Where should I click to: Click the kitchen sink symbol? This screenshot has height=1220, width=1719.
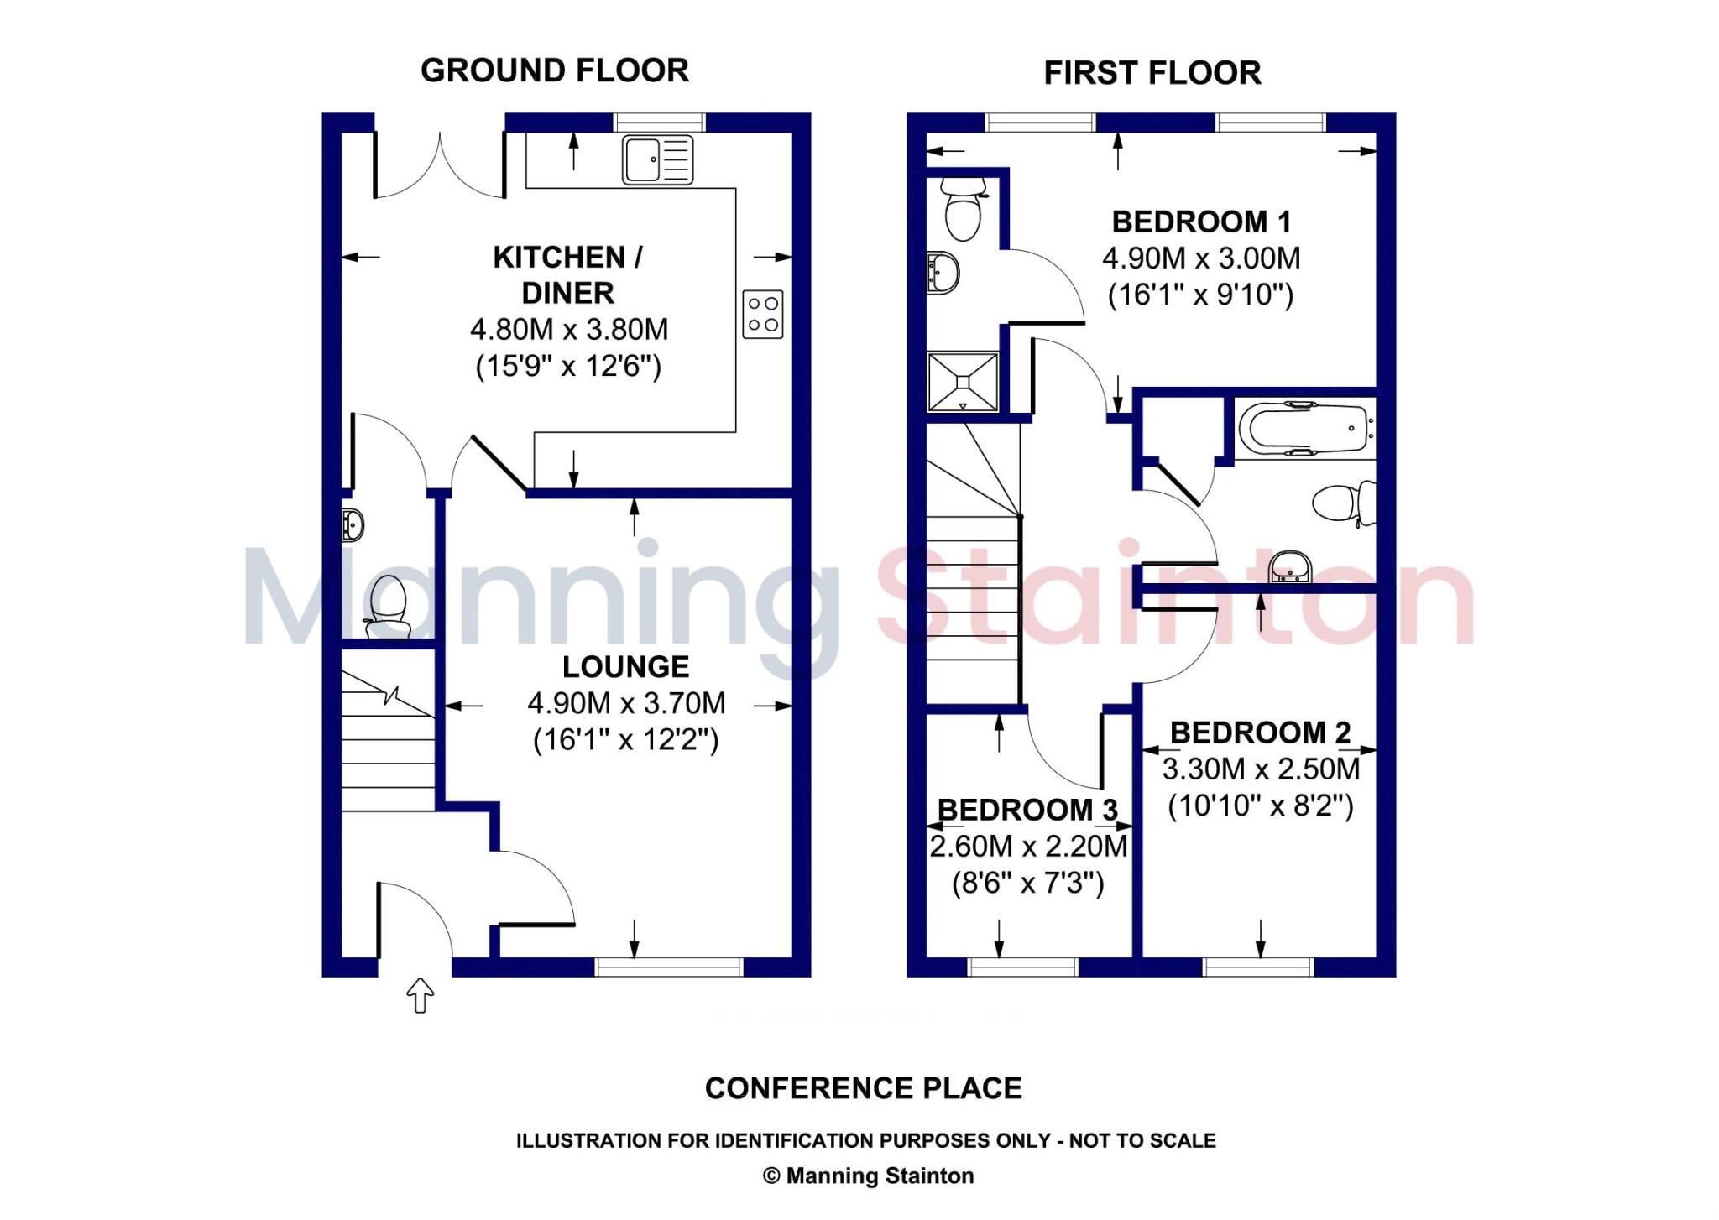coord(657,159)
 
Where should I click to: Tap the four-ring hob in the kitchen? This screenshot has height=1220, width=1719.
coord(762,315)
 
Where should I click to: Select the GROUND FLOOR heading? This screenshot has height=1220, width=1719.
coord(555,70)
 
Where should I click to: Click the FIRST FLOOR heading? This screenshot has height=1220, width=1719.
coord(1152,73)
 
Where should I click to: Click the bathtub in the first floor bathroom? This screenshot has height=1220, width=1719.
coord(1304,429)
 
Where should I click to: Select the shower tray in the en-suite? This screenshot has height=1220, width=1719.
coord(963,382)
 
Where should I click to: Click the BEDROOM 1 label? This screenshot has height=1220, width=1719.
coord(1201,222)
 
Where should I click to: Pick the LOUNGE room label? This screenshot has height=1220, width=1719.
coord(625,667)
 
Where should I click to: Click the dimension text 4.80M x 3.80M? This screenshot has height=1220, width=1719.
coord(569,330)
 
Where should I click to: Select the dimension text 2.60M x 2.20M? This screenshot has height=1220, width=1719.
coord(1028,847)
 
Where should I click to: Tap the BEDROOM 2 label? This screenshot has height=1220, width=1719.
coord(1260,733)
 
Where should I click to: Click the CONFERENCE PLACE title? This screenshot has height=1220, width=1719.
coord(863,1088)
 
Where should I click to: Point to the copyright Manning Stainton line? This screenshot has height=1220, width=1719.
coord(868,1176)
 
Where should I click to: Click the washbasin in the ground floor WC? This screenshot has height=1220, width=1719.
coord(353,525)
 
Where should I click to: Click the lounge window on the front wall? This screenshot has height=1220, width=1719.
coord(669,967)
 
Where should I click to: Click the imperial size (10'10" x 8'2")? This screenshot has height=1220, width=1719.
coord(1260,806)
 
